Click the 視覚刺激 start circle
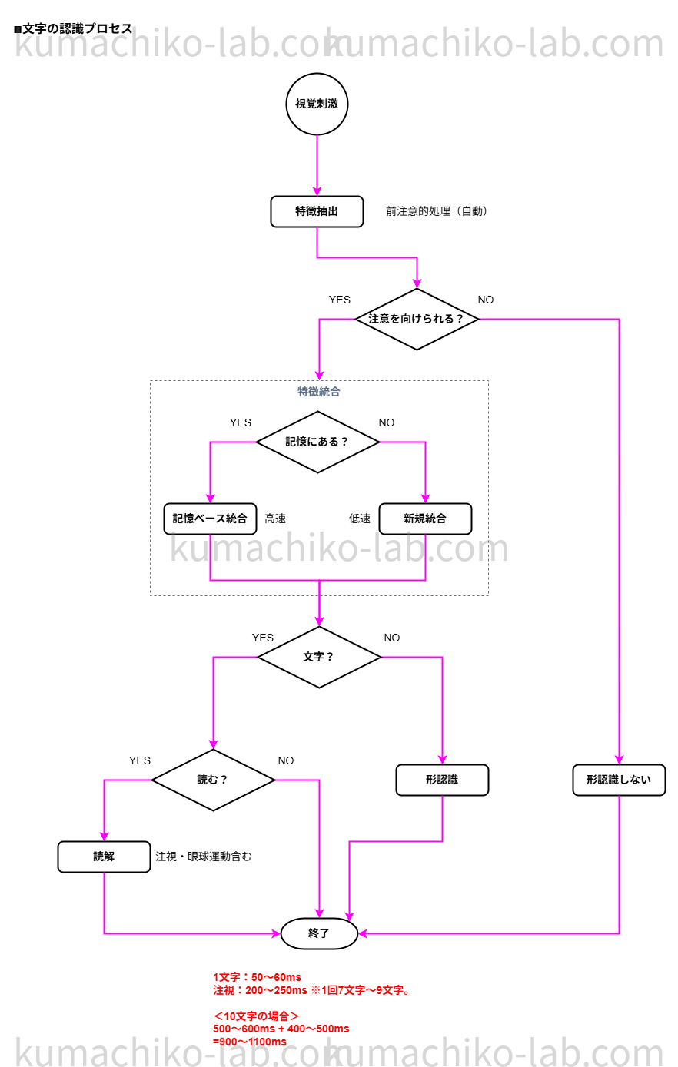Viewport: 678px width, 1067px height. click(x=317, y=104)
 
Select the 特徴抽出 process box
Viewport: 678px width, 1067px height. click(x=317, y=211)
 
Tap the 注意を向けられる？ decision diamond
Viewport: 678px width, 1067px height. click(x=417, y=319)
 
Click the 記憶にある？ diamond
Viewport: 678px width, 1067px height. click(x=317, y=442)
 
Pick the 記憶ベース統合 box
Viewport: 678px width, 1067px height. click(x=210, y=519)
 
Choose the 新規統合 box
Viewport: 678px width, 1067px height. click(x=425, y=519)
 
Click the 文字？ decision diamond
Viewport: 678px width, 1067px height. click(x=319, y=657)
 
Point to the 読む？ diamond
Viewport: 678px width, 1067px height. click(x=213, y=780)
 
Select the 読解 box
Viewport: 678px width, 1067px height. click(x=104, y=857)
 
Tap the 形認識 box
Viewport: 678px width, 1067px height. click(x=442, y=780)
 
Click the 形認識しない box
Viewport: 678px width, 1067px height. click(x=619, y=780)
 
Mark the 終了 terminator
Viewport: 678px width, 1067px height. click(x=319, y=933)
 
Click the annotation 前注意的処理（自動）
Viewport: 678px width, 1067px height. click(x=437, y=211)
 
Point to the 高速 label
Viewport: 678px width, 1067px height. click(x=275, y=519)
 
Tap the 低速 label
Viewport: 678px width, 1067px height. click(x=360, y=519)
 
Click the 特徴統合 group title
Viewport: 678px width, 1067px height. click(x=319, y=392)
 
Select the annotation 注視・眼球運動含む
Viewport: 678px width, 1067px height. click(x=204, y=857)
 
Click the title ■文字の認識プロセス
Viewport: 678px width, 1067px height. click(x=74, y=28)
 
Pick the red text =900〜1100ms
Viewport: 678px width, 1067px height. click(x=250, y=1042)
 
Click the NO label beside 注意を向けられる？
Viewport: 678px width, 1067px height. click(x=486, y=300)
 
